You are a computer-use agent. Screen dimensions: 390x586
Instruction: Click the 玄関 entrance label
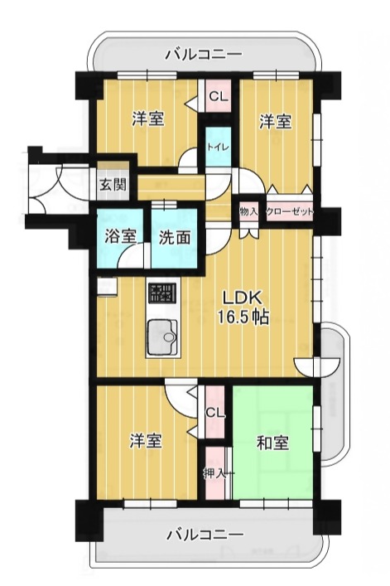pos(113,185)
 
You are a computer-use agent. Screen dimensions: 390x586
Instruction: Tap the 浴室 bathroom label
pos(120,237)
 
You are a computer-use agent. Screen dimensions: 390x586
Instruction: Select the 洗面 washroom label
pos(174,237)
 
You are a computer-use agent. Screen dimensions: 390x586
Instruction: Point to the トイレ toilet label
pos(219,147)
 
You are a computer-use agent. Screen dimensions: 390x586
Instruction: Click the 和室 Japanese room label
pos(272,443)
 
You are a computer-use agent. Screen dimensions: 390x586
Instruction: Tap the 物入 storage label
pos(249,212)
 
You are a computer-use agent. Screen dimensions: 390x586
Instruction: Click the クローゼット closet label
pos(289,212)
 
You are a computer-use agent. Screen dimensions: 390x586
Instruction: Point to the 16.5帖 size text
pos(243,317)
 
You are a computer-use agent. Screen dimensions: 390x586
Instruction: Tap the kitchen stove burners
pos(163,293)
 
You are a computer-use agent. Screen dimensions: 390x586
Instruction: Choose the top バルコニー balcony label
pos(204,55)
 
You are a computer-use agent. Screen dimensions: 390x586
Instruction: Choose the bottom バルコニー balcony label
pos(205,535)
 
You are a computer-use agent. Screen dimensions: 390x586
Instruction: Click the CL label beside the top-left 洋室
pos(218,97)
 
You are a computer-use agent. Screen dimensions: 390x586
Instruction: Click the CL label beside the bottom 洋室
pos(215,413)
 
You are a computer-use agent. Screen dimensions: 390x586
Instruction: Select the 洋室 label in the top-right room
pos(276,122)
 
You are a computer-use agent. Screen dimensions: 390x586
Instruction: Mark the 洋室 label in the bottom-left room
pos(146,441)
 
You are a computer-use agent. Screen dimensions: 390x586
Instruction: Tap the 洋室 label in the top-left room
pos(148,119)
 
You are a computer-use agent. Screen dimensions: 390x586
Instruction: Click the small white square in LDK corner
pos(107,286)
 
